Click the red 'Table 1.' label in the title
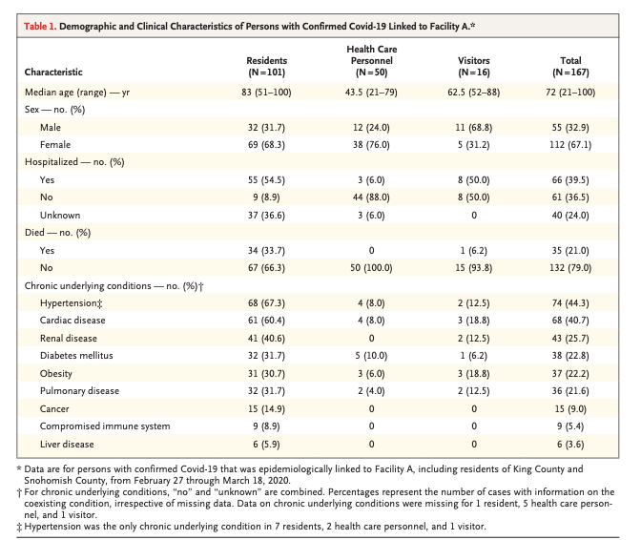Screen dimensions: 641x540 (x=40, y=27)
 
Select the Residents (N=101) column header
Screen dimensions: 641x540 (x=266, y=66)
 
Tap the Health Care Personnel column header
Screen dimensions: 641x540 (x=372, y=60)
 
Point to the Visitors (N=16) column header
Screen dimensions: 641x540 (x=474, y=66)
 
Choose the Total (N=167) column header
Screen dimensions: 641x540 (x=570, y=66)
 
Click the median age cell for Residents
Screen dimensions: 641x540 (x=266, y=92)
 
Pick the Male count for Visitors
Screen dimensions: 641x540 (x=474, y=128)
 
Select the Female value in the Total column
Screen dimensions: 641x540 (x=570, y=145)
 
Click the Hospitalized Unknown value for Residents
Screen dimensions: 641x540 (x=266, y=215)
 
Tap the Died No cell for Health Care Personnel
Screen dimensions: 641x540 (x=372, y=268)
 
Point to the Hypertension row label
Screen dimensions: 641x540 (x=72, y=303)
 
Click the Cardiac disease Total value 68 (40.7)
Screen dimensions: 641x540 (x=570, y=320)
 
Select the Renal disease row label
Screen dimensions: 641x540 (x=69, y=339)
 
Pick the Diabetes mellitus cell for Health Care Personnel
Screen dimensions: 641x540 (x=372, y=356)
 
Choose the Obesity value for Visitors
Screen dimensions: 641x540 (x=474, y=374)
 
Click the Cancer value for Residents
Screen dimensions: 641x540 (x=266, y=408)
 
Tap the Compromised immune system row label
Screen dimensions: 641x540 (x=105, y=426)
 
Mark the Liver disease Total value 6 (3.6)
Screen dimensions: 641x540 (x=570, y=444)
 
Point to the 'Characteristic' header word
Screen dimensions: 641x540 (x=53, y=72)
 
